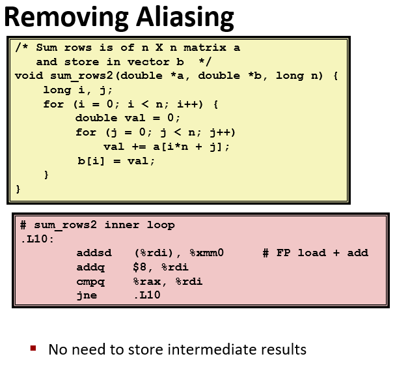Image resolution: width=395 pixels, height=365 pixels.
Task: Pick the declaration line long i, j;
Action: pyautogui.click(x=72, y=90)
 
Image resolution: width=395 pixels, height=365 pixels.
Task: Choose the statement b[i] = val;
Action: pyautogui.click(x=116, y=160)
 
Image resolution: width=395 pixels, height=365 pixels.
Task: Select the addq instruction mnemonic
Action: pyautogui.click(x=90, y=267)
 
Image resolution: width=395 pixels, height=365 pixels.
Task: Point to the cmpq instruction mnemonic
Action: pyautogui.click(x=90, y=282)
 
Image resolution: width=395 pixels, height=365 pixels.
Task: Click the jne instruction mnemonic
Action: pyautogui.click(x=87, y=295)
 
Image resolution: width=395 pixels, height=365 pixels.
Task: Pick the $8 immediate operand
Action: pyautogui.click(x=141, y=267)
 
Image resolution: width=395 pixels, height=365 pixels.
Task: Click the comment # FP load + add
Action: pyautogui.click(x=315, y=253)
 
